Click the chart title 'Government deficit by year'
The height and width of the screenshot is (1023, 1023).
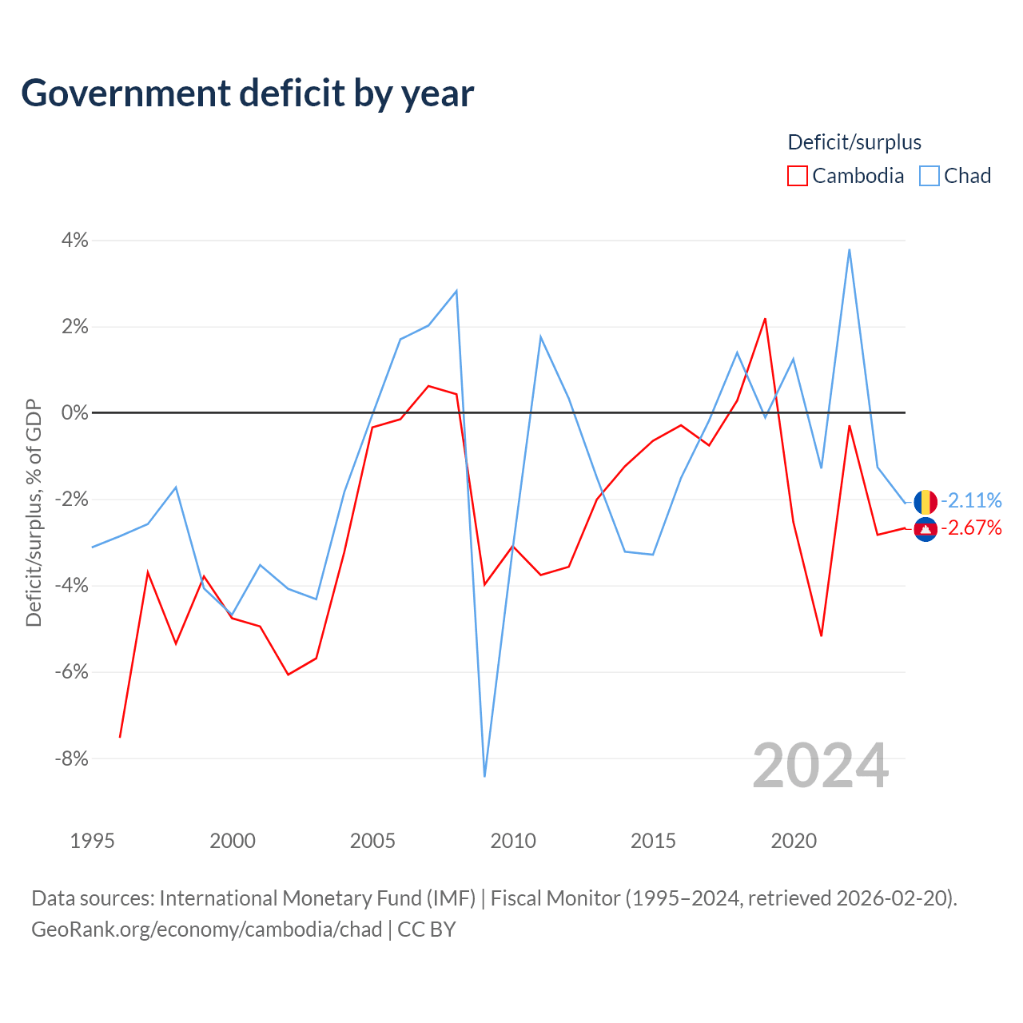click(247, 94)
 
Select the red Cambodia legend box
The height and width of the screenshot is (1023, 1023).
click(797, 176)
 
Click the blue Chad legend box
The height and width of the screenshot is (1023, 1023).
click(929, 176)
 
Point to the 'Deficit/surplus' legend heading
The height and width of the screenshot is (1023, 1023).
click(854, 142)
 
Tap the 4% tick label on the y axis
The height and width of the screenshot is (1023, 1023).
click(75, 240)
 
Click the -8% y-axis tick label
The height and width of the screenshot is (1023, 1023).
click(72, 758)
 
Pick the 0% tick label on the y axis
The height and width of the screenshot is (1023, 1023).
click(75, 412)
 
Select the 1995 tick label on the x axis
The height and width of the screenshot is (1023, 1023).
click(93, 841)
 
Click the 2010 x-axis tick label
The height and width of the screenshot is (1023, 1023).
click(513, 841)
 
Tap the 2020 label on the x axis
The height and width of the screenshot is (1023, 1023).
click(794, 841)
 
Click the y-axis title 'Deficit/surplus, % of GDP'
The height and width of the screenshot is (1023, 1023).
click(34, 513)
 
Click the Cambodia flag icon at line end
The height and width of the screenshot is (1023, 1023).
click(925, 529)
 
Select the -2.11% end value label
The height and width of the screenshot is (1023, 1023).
click(971, 500)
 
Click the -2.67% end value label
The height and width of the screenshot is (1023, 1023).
click(971, 528)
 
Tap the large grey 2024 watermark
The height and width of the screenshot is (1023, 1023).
click(820, 766)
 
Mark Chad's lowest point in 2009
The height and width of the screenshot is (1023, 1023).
click(484, 776)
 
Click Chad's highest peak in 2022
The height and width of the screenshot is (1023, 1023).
click(850, 249)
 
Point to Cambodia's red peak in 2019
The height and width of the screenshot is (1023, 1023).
click(765, 319)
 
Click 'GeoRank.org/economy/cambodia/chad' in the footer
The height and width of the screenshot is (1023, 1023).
click(207, 929)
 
